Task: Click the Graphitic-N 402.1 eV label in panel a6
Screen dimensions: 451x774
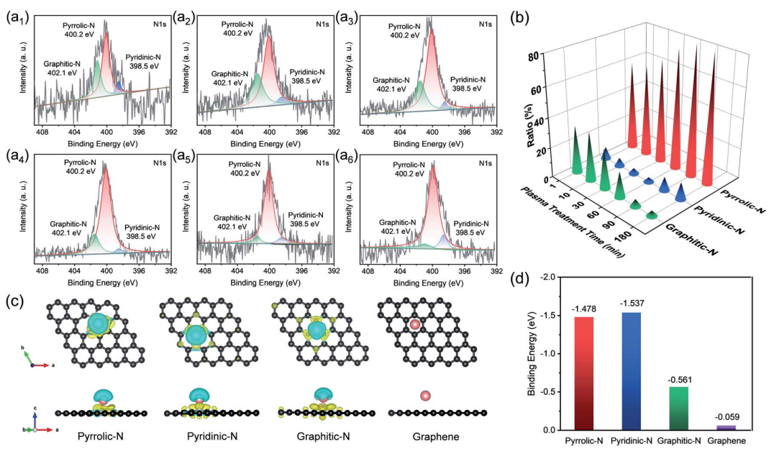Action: click(396, 227)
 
